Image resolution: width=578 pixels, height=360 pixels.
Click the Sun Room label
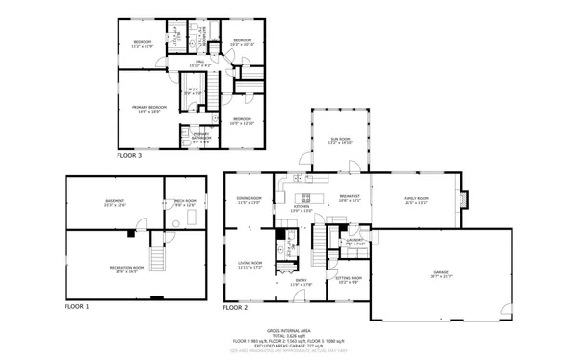pyautogui.click(x=341, y=141)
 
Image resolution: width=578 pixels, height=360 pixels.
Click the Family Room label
pyautogui.click(x=415, y=200)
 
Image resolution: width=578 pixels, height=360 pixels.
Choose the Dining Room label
pyautogui.click(x=250, y=200)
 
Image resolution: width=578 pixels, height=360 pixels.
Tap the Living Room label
pyautogui.click(x=250, y=266)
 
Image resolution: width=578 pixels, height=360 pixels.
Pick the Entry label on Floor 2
pyautogui.click(x=302, y=283)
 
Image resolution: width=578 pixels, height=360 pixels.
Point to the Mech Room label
pyautogui.click(x=184, y=203)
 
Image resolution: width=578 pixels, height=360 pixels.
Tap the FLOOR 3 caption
pyautogui.click(x=129, y=154)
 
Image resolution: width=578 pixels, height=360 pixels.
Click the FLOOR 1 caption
pyautogui.click(x=76, y=306)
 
